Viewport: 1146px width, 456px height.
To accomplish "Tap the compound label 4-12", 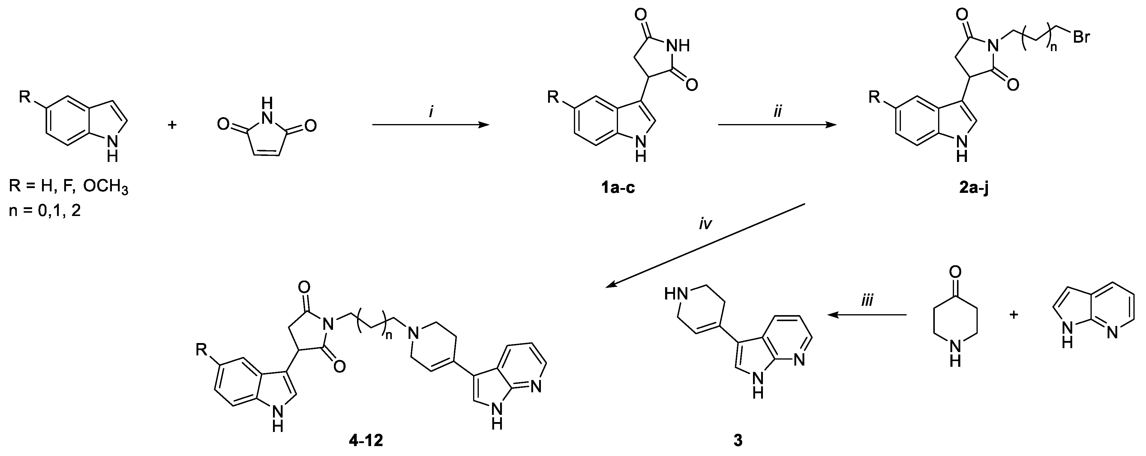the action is (x=366, y=441).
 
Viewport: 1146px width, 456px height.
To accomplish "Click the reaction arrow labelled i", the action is (x=430, y=126).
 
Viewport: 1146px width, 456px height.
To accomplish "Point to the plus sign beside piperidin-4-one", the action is (x=1014, y=315).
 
